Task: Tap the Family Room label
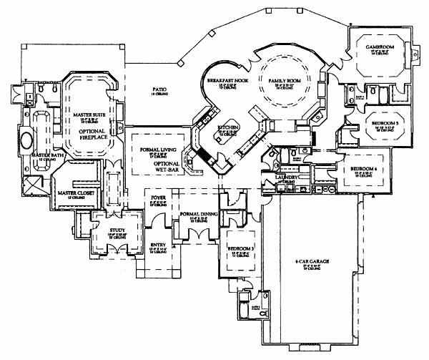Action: coord(284,80)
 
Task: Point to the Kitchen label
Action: coord(230,127)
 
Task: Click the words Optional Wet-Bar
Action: coord(167,167)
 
